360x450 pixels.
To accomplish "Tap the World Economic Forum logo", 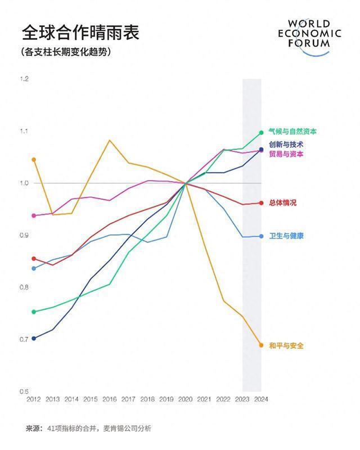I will point(314,37).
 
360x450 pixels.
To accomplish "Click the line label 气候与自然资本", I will point(292,132).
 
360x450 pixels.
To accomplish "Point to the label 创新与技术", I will point(286,145).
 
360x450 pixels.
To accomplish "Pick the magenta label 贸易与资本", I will point(286,154).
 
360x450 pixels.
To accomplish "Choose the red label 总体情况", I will point(282,202).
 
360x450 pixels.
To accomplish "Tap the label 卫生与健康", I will point(286,236).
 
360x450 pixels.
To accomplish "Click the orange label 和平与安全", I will point(286,346).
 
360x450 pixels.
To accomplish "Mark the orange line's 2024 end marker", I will point(261,345).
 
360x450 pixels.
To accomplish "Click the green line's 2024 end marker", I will point(261,133).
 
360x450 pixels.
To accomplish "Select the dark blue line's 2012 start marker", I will point(34,338).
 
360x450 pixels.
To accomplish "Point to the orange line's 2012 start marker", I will point(34,160).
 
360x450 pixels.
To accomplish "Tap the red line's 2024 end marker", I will point(261,203).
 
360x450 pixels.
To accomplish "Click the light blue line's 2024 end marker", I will point(261,236).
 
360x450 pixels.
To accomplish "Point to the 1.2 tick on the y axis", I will point(24,79).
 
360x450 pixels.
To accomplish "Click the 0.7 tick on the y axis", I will point(24,339).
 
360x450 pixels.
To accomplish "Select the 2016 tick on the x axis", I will point(110,399).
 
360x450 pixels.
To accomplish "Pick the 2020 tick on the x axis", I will point(185,399).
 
